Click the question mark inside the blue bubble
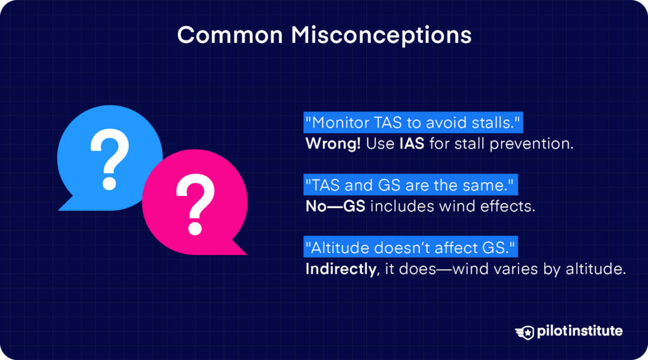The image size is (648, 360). click(109, 158)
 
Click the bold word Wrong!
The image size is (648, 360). click(333, 144)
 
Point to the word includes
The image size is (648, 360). click(401, 206)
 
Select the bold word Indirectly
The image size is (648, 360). click(341, 269)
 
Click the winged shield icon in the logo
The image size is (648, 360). click(525, 332)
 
